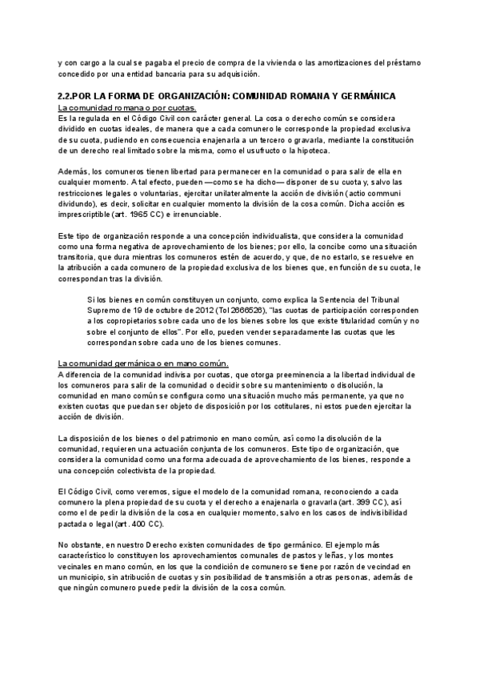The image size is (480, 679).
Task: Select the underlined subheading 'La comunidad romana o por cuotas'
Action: pyautogui.click(x=127, y=108)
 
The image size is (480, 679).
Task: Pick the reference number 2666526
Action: pyautogui.click(x=243, y=311)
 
